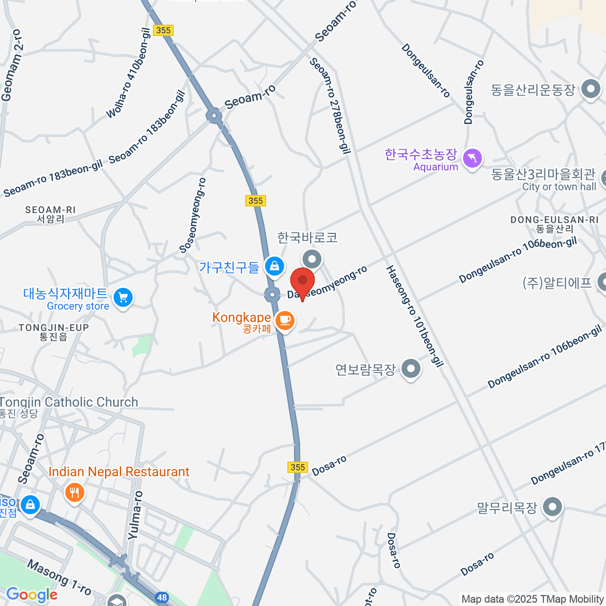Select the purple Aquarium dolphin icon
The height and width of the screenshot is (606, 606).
pos(472,159)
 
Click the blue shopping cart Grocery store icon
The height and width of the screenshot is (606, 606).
pos(123,297)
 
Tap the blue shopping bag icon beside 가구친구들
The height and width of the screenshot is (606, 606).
pos(274,266)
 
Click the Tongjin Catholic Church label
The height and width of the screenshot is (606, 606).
pos(69,402)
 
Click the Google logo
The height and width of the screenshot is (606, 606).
pos(32,595)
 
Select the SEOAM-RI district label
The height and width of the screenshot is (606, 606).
pos(50,214)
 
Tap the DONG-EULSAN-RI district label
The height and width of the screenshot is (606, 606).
pos(554,224)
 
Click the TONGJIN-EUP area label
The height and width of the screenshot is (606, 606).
pos(54,332)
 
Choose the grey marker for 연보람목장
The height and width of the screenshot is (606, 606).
pos(411,369)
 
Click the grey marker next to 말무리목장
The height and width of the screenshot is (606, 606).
pos(552,507)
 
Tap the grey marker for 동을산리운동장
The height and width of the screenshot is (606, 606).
pos(590,89)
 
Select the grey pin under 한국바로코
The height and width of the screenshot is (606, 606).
pos(312,260)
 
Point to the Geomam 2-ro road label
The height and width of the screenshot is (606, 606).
pos(12,66)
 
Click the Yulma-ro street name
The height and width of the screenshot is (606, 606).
pos(135,515)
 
